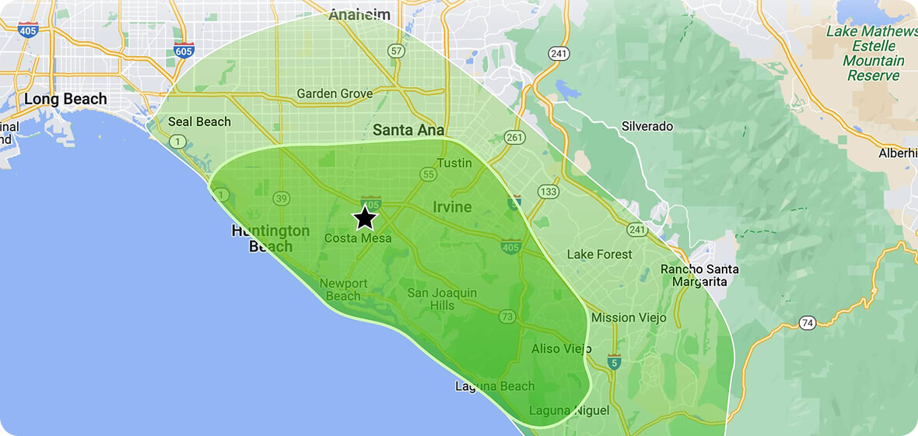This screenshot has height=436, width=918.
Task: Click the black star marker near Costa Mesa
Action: (x=365, y=218)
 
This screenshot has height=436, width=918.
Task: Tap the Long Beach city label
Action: (x=65, y=99)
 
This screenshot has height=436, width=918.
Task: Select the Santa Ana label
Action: (x=408, y=130)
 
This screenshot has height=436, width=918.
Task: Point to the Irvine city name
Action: (x=452, y=207)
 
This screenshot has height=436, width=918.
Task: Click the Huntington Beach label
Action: (x=271, y=238)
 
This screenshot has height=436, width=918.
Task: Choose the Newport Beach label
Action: (x=340, y=289)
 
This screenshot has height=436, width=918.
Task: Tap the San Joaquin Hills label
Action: (x=442, y=299)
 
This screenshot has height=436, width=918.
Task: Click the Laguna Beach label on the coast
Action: (x=495, y=386)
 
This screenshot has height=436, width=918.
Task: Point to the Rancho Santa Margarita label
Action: (x=699, y=275)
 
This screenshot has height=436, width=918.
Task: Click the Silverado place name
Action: (x=647, y=126)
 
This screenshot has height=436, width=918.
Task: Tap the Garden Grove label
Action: (x=335, y=94)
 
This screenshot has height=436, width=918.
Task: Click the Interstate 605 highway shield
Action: (x=184, y=51)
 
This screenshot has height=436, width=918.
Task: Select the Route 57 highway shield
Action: (x=397, y=51)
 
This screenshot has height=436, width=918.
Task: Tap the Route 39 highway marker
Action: (x=280, y=199)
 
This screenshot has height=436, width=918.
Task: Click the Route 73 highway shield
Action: (x=507, y=316)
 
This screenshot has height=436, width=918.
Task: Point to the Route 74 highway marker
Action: (x=807, y=322)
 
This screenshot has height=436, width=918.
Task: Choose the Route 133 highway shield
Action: (x=548, y=192)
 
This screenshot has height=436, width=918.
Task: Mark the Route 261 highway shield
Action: (x=514, y=137)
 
